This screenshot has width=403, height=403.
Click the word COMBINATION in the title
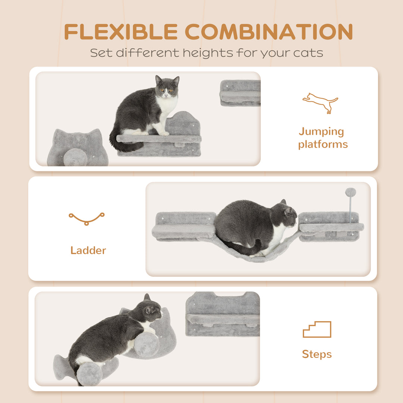(269, 32)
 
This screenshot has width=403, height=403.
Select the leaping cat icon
(320, 102)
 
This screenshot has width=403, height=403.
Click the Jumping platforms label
(323, 138)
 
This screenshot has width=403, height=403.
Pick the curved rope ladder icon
(87, 218)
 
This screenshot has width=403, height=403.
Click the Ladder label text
(88, 250)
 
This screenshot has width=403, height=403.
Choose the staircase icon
(317, 329)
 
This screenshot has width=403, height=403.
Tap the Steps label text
(317, 354)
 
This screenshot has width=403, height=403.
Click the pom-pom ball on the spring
(350, 193)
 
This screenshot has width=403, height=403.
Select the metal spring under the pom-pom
(350, 211)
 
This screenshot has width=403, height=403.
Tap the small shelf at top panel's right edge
(240, 93)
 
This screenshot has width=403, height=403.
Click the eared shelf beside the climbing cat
(223, 314)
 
